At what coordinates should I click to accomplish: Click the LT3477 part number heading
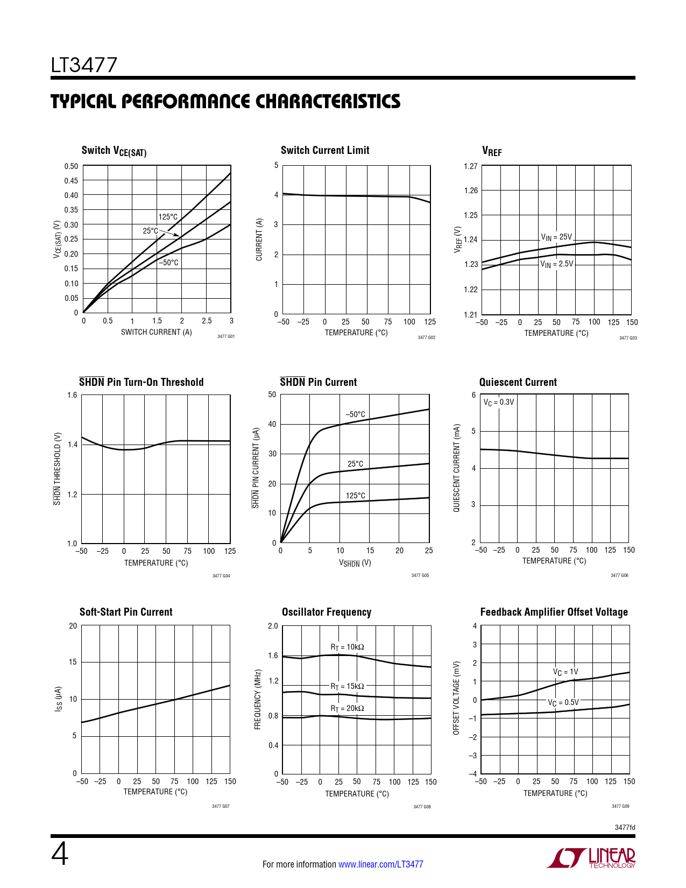click(84, 66)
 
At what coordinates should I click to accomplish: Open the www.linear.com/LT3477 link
click(380, 864)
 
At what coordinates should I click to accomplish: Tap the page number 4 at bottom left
click(60, 854)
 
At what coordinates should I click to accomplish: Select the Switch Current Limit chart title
click(325, 151)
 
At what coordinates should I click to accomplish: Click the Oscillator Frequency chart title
click(327, 612)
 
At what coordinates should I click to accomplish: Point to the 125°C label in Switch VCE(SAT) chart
click(168, 217)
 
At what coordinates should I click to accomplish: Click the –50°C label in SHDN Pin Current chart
click(355, 414)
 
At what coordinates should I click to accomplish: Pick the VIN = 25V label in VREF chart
click(556, 237)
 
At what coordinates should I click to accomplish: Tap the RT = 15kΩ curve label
click(347, 686)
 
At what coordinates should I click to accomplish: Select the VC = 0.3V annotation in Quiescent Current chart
click(499, 402)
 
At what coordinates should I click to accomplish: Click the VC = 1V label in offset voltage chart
click(565, 672)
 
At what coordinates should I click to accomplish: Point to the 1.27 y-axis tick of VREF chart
click(470, 166)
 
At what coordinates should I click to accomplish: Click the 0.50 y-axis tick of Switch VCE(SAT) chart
click(71, 166)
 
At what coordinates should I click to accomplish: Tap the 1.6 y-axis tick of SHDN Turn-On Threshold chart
click(72, 396)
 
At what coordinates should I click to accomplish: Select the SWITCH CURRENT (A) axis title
click(156, 332)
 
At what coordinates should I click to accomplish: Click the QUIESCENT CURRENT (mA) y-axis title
click(457, 468)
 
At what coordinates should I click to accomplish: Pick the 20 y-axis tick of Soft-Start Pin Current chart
click(73, 626)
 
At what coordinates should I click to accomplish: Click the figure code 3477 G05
click(420, 575)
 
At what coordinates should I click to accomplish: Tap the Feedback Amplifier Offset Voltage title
click(554, 612)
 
